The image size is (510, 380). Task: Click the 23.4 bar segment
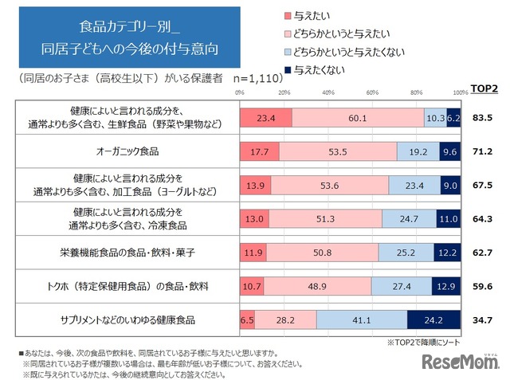266,118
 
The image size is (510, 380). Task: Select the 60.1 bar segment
358,118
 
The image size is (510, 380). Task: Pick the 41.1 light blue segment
362,320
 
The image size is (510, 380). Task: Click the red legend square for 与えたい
288,16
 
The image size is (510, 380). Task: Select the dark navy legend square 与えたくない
288,70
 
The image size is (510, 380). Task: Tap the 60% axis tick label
372,93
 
